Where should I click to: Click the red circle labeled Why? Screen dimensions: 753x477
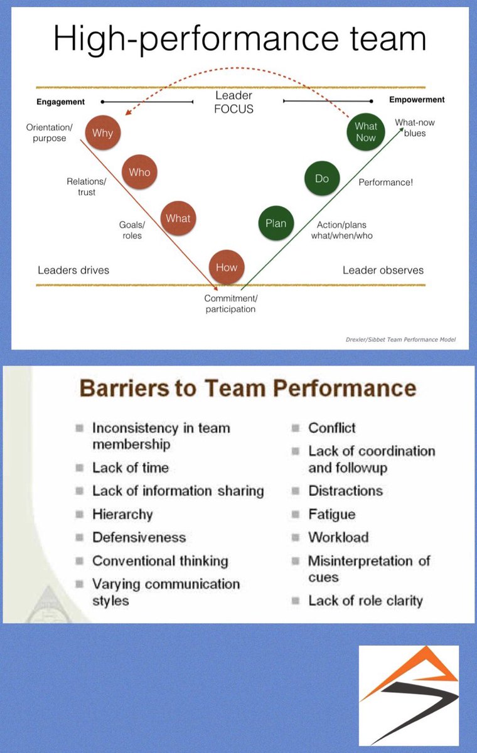(x=103, y=133)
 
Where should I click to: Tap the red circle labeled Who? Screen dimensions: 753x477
(x=139, y=173)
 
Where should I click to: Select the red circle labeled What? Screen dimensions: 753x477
(x=178, y=218)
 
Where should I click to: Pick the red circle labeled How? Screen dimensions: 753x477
(x=227, y=267)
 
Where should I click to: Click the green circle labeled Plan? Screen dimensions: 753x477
(x=276, y=223)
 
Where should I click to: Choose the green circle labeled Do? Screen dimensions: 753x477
(x=322, y=179)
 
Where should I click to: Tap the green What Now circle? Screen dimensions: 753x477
(x=365, y=132)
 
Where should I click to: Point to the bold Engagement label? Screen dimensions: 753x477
(x=60, y=102)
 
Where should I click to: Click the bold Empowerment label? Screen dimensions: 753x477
(x=417, y=100)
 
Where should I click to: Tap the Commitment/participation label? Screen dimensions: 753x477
(x=230, y=304)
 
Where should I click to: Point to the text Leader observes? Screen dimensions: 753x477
(x=383, y=270)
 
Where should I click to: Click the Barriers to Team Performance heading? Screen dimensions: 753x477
(x=247, y=388)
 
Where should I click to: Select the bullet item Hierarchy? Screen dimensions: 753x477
(x=122, y=515)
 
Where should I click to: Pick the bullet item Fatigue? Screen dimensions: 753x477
(x=331, y=515)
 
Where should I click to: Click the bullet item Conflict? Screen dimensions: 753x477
(x=331, y=428)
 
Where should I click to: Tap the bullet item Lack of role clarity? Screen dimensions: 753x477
(x=365, y=601)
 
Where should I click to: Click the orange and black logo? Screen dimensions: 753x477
(x=409, y=695)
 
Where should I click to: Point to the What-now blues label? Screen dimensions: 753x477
(x=414, y=128)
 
